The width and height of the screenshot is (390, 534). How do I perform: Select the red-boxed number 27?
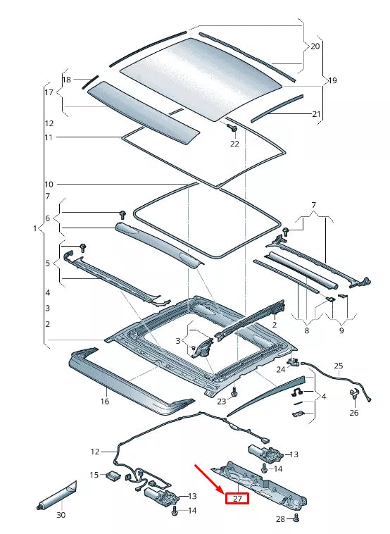237,499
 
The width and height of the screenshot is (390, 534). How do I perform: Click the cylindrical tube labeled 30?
57,495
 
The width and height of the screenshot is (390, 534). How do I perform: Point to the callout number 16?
105,402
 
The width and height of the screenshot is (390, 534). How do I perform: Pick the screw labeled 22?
232,128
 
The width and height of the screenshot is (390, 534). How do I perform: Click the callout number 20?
315,46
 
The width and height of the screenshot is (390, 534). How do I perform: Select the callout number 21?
316,114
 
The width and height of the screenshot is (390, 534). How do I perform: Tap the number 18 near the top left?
67,80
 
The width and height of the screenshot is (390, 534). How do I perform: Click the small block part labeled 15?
112,475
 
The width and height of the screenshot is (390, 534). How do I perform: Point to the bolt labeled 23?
234,391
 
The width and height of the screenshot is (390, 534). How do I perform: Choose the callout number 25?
339,366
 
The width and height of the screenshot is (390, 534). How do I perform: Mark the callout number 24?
280,369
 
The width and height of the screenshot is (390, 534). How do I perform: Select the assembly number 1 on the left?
34,229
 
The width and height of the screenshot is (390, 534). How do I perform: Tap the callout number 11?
49,137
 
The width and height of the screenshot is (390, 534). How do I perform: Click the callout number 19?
332,81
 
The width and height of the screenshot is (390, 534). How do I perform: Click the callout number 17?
49,92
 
